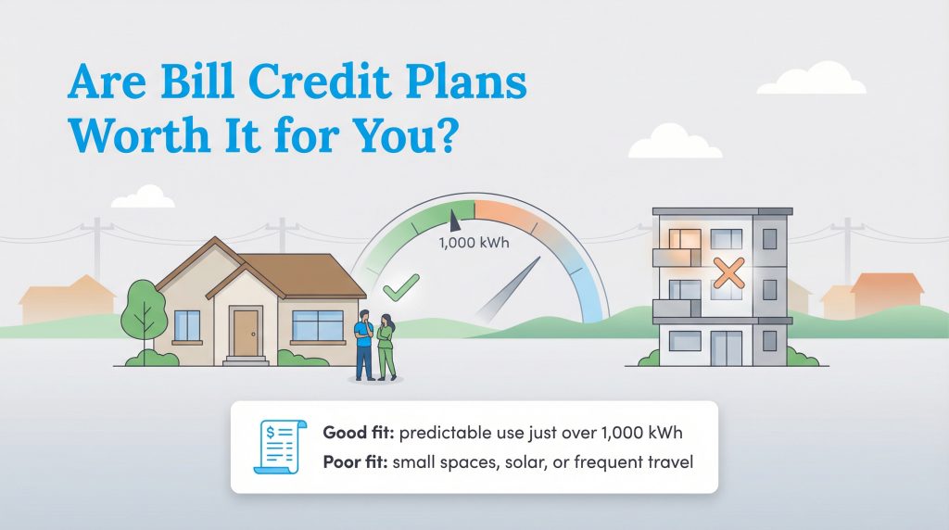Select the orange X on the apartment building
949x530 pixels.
click(x=730, y=271)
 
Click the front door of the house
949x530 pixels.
click(x=246, y=333)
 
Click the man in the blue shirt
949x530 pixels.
click(x=365, y=343)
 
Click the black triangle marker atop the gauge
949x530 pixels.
click(x=453, y=221)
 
